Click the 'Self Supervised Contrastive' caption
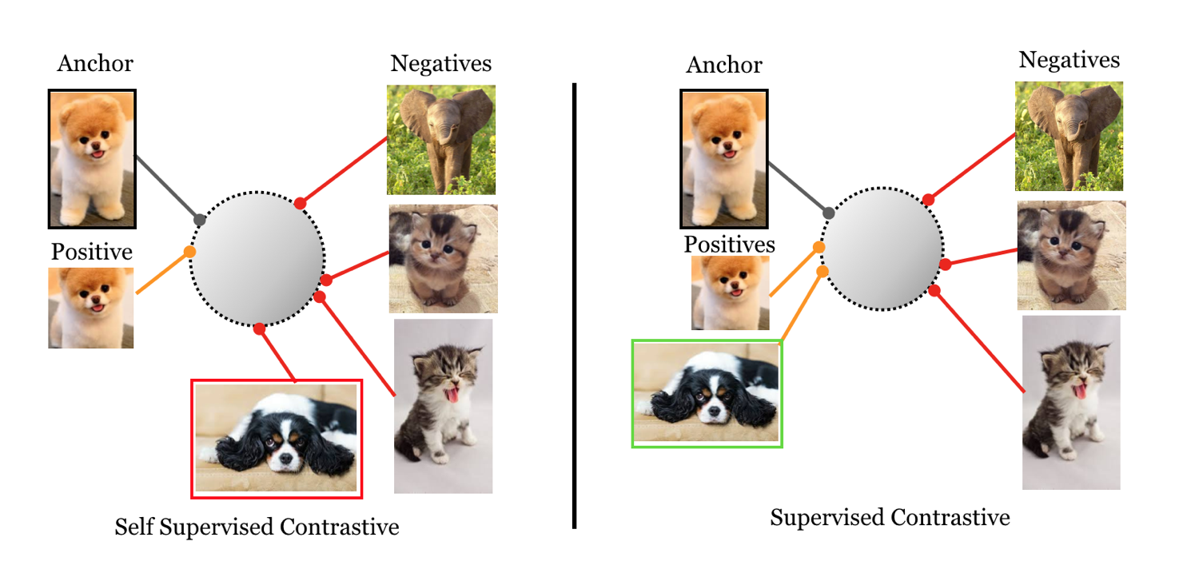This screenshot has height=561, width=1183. point(257,527)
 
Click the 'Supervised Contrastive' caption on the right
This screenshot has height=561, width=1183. point(890,518)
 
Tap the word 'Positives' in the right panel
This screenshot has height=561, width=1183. point(729,244)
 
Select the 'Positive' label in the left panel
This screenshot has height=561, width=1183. point(91,253)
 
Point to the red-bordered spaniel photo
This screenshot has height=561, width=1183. point(277,439)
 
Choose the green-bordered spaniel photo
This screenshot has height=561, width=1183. point(707,393)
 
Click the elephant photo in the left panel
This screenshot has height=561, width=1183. point(441,140)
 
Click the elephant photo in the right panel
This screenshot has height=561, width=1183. point(1069,137)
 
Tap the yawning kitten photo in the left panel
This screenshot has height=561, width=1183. point(443,406)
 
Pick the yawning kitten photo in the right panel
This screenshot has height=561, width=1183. point(1071,402)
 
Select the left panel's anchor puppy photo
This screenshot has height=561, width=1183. point(92,159)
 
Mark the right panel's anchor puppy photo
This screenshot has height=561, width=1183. point(723,158)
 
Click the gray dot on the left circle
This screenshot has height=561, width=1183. point(200,220)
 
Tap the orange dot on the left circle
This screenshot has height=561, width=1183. point(189,252)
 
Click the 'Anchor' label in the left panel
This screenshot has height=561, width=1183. point(95,64)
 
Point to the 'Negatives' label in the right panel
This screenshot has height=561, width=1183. point(1069,61)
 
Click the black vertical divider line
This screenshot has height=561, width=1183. point(574,304)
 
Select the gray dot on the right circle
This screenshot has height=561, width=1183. point(829,213)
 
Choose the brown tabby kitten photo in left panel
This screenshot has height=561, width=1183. point(443,258)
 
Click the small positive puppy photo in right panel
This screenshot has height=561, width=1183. point(731,293)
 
